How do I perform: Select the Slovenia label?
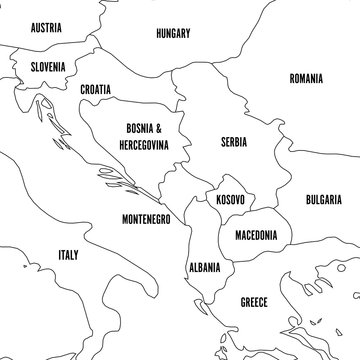pyautogui.click(x=47, y=66)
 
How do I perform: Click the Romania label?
pyautogui.click(x=305, y=78)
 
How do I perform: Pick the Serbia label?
pyautogui.click(x=234, y=143)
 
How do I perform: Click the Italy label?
pyautogui.click(x=68, y=256)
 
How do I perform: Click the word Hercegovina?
pyautogui.click(x=141, y=145)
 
